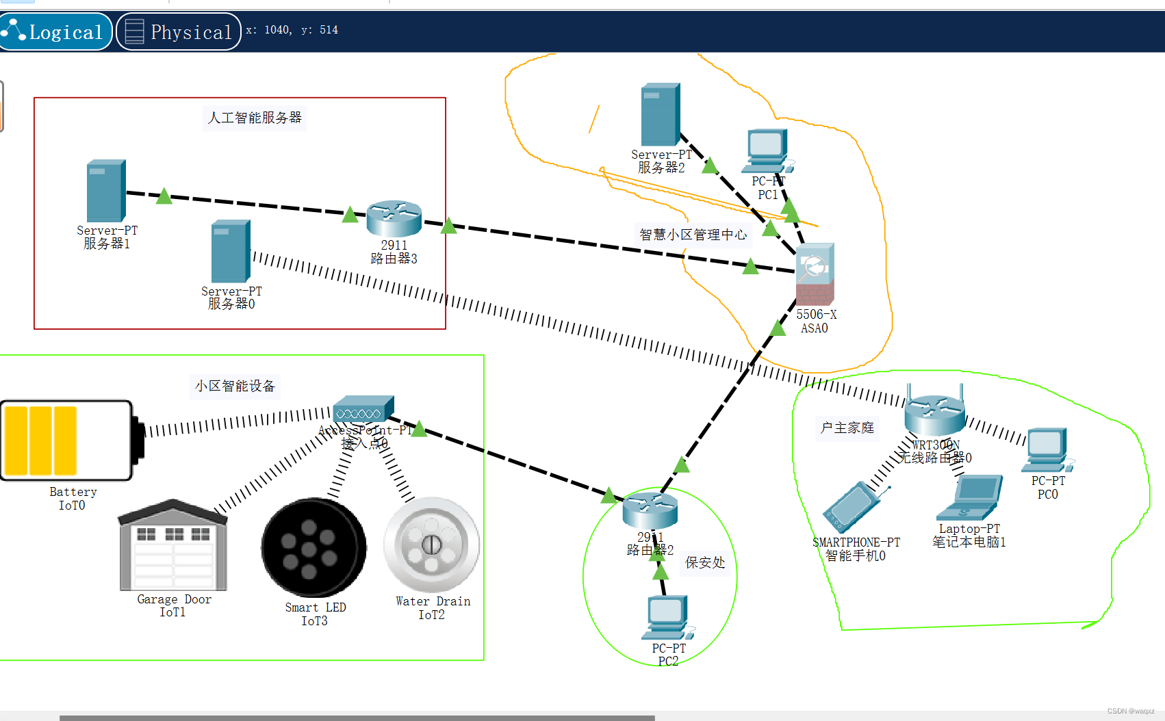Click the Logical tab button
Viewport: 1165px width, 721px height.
point(56,31)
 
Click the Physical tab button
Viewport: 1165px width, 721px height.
point(179,31)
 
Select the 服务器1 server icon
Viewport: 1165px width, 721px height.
point(106,192)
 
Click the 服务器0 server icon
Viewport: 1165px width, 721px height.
point(231,251)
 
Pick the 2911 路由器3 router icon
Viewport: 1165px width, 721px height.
point(394,219)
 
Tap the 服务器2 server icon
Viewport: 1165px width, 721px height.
point(661,115)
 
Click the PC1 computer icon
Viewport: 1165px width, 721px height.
point(767,151)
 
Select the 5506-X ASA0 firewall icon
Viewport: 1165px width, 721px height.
point(815,274)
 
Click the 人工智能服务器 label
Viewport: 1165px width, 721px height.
point(255,118)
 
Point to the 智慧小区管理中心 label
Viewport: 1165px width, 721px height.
point(693,235)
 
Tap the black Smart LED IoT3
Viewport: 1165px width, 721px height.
point(314,547)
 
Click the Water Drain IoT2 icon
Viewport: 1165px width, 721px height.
point(431,545)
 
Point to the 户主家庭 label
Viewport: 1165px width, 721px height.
point(847,428)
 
